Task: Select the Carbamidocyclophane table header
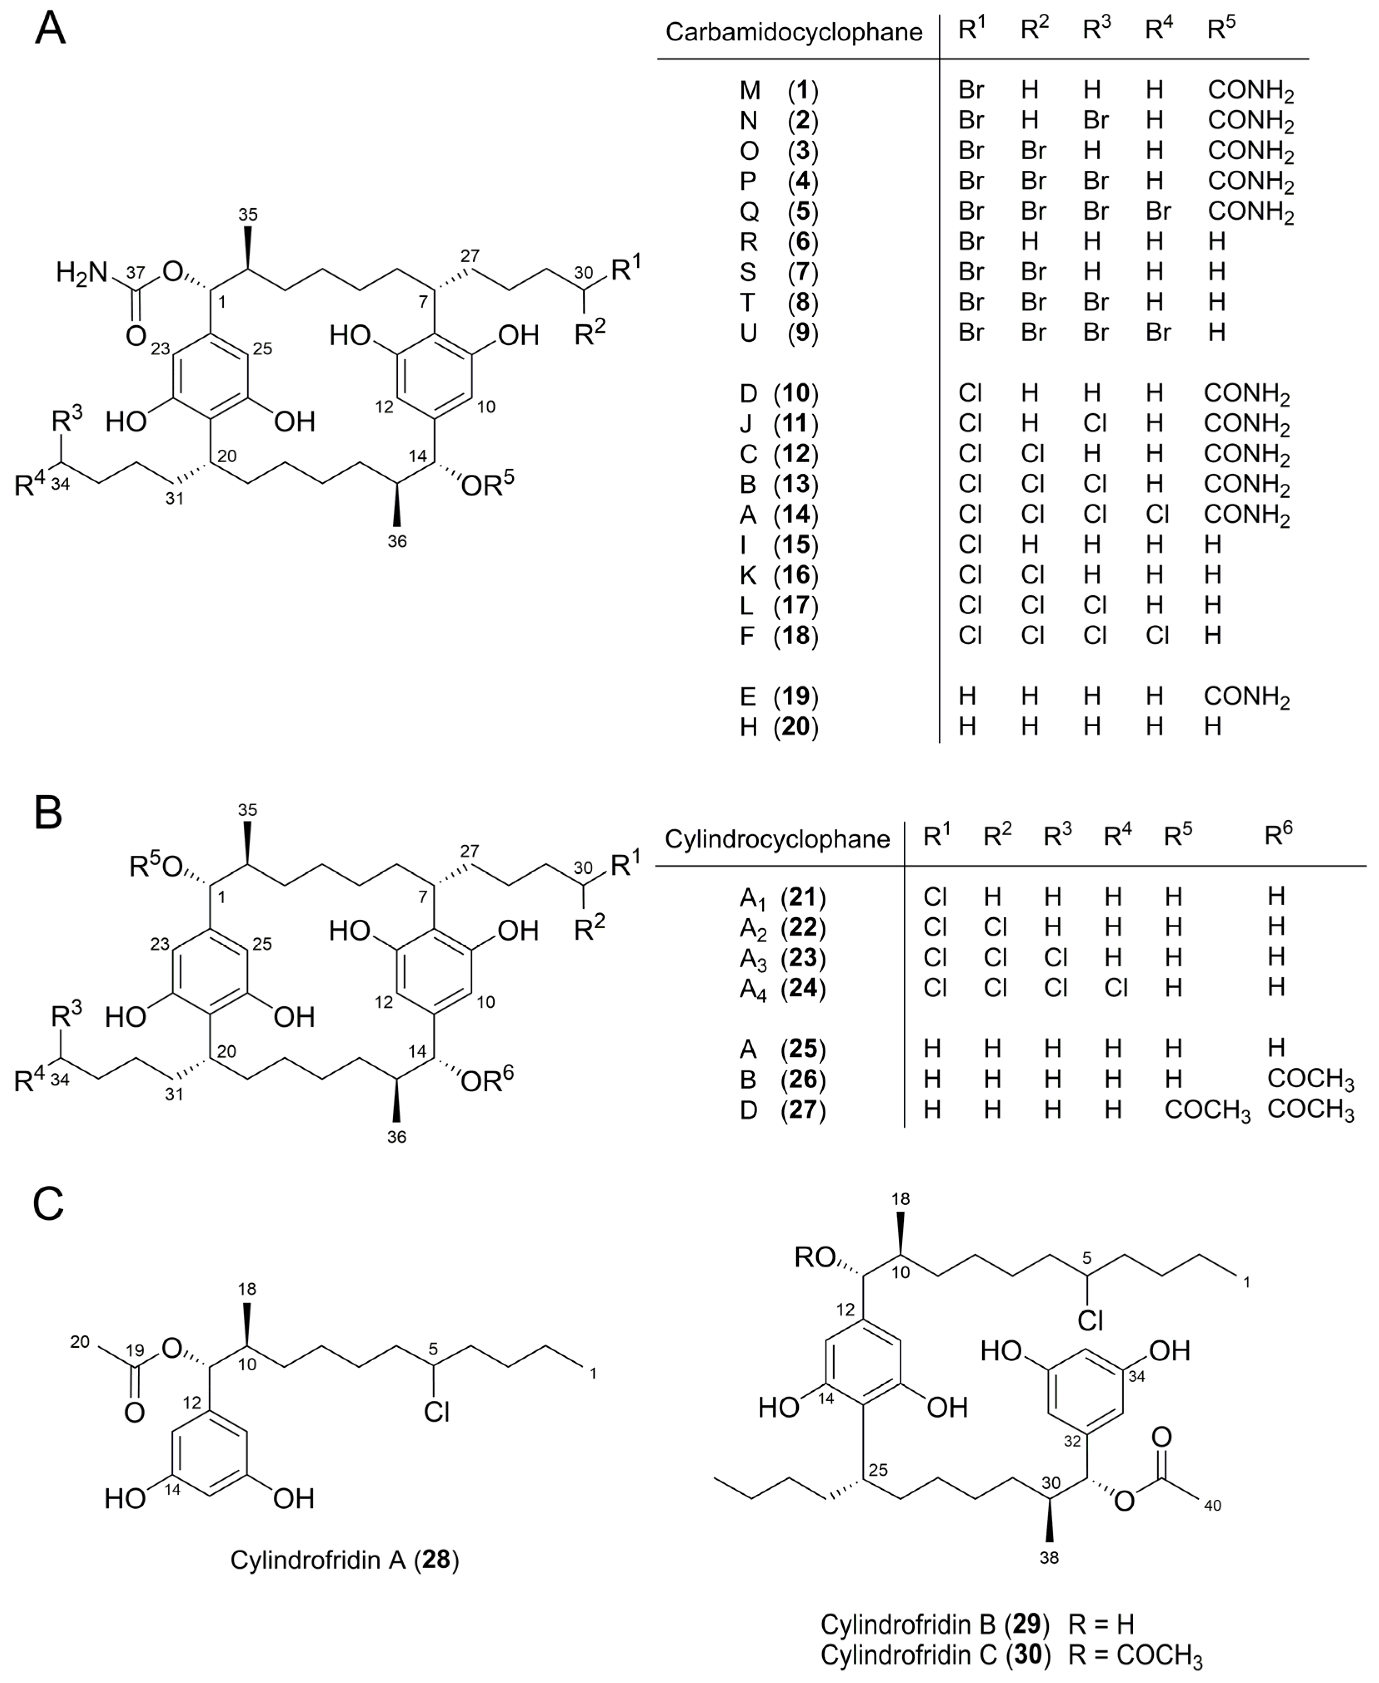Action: click(x=793, y=32)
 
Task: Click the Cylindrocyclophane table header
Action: click(x=777, y=839)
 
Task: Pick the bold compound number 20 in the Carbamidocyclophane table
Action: click(x=797, y=726)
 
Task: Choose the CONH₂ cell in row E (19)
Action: click(x=1246, y=697)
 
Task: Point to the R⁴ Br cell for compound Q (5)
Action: click(x=1158, y=211)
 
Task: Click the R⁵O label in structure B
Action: click(x=156, y=866)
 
